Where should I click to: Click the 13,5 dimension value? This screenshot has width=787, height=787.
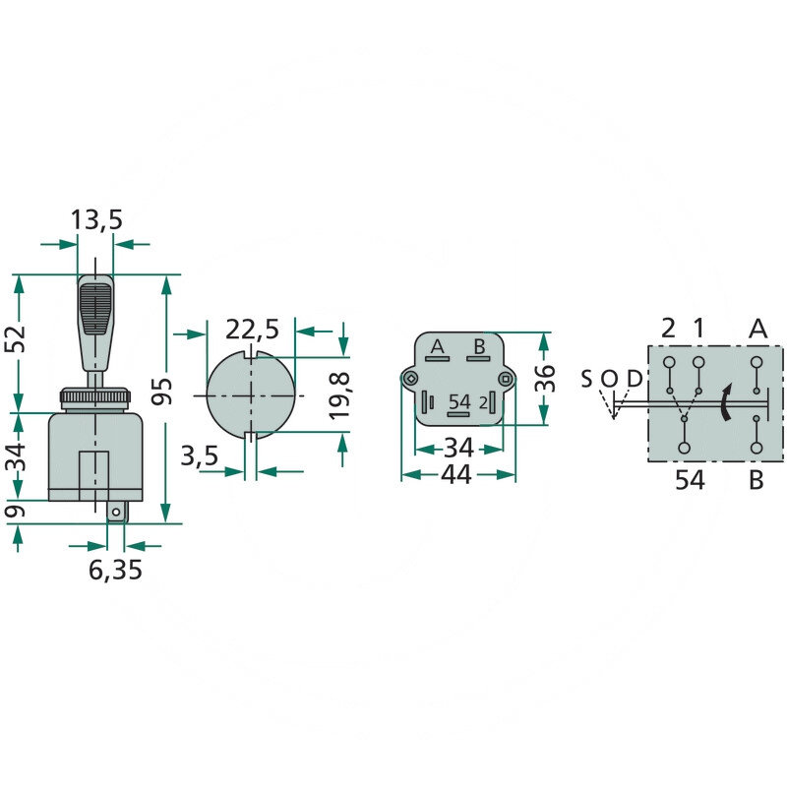coord(96,220)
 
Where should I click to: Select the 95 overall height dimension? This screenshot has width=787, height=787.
coord(162,392)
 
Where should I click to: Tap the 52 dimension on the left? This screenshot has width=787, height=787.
coord(15,338)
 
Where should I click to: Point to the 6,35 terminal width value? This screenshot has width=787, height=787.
coord(115,570)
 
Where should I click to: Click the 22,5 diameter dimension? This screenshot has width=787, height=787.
coord(252,330)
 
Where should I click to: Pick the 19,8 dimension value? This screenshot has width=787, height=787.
coord(339,396)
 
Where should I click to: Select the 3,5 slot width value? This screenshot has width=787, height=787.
coord(200,455)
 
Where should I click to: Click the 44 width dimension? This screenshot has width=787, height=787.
coord(456,474)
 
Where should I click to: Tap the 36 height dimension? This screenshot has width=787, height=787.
coord(546,378)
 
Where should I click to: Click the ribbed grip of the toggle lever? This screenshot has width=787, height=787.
coord(95,309)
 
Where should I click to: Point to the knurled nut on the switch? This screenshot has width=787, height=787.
coord(94,397)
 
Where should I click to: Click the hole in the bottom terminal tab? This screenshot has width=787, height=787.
coord(115,512)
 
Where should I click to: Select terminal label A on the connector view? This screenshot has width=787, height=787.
coord(438,346)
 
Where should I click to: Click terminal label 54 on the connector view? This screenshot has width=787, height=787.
coord(459,402)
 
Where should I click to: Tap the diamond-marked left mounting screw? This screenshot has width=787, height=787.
coord(411,379)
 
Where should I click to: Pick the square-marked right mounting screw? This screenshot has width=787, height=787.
coord(505,379)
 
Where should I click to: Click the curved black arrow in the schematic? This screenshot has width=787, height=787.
coord(725,402)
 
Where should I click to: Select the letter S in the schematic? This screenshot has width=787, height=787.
coord(586,379)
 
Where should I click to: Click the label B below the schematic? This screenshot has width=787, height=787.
coord(756,480)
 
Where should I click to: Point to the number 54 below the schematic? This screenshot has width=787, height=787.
coord(690,480)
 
